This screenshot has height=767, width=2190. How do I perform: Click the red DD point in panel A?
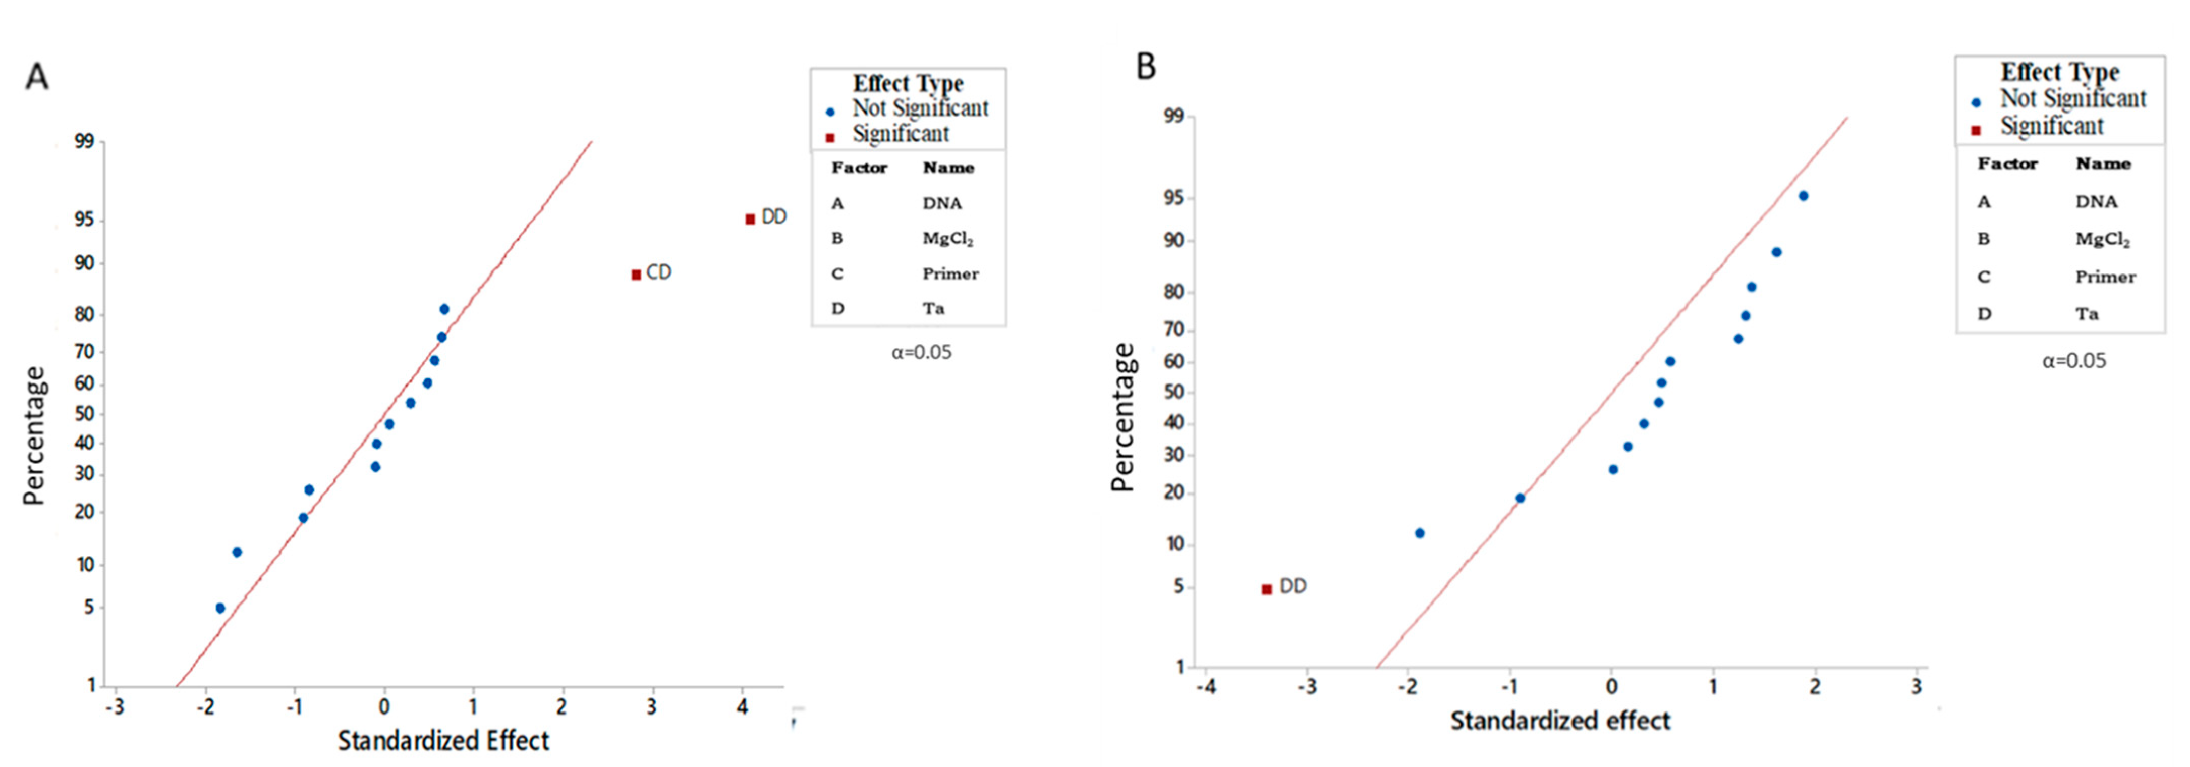click(750, 220)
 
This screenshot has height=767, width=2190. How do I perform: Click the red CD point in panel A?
click(636, 275)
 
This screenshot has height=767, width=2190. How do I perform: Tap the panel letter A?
click(36, 77)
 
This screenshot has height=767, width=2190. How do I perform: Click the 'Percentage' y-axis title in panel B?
click(1122, 417)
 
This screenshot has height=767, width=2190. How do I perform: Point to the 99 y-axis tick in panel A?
click(84, 141)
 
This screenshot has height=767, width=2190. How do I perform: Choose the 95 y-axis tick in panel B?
click(1173, 199)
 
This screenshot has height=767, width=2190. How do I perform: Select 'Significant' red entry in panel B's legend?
click(2051, 127)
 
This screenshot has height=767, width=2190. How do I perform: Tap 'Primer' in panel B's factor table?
click(2104, 277)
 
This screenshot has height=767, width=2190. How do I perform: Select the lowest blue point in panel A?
click(220, 608)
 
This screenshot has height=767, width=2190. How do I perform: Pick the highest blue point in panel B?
click(1803, 196)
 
